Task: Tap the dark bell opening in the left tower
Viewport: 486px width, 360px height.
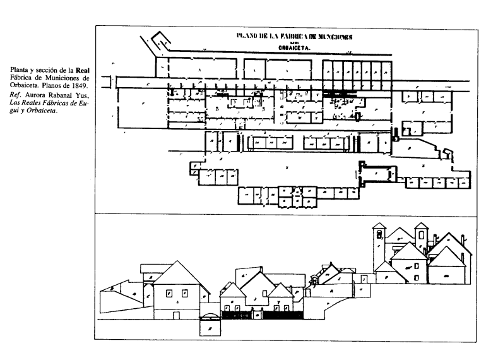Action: tap(379, 235)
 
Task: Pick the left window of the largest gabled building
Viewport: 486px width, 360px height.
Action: tap(169, 292)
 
